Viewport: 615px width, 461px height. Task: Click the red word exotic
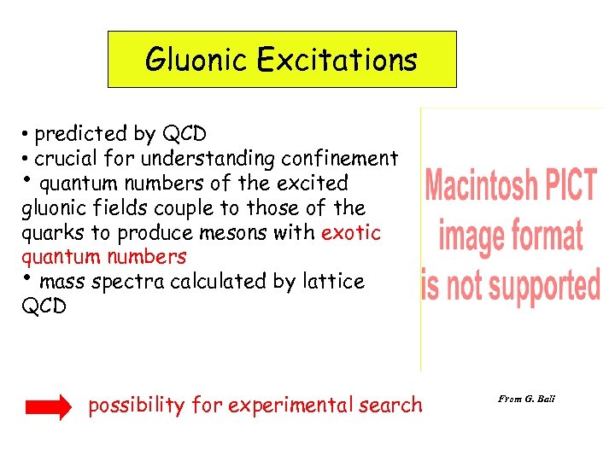pos(350,232)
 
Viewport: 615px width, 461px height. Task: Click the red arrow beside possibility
pos(49,409)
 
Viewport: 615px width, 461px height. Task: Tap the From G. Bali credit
pos(526,399)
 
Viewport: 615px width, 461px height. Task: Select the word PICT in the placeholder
pos(571,185)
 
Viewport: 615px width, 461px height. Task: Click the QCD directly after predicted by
pos(184,134)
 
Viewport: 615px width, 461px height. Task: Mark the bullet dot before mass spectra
pos(26,278)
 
